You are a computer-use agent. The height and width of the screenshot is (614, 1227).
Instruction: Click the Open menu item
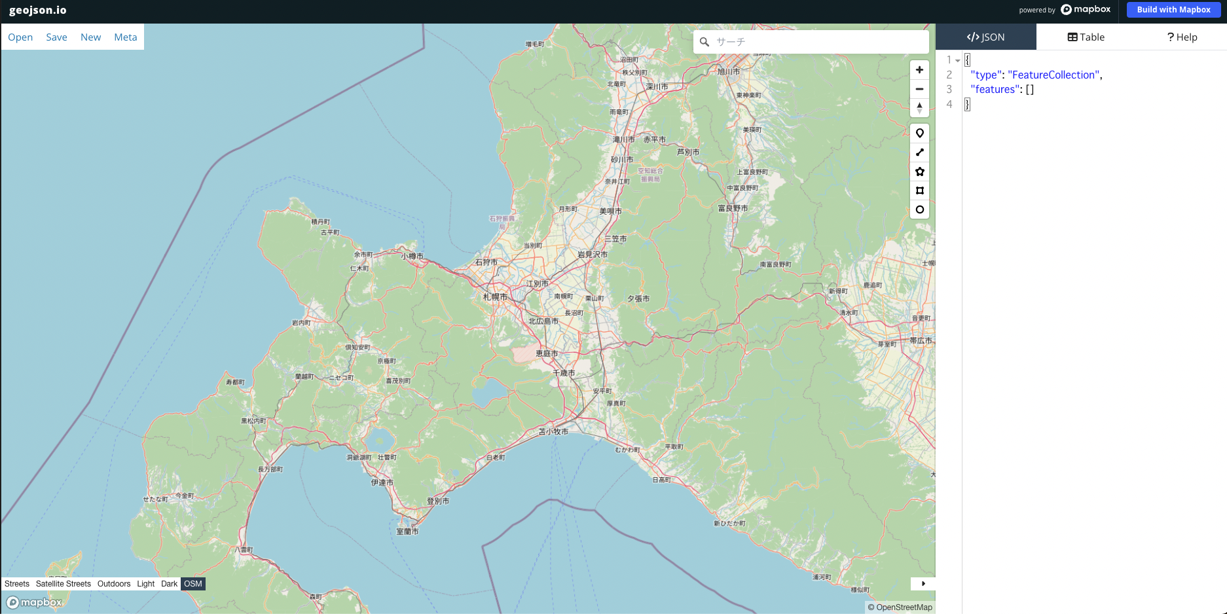coord(20,37)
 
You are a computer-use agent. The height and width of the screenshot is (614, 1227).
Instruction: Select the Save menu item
coord(56,37)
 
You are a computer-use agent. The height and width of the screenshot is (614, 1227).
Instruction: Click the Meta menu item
coord(125,37)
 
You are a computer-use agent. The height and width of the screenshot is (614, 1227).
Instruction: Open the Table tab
coord(1086,37)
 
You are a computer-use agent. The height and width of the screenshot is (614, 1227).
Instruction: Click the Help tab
coord(1182,37)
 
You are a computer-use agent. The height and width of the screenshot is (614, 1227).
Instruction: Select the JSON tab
coord(985,37)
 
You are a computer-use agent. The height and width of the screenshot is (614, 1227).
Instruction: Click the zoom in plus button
coord(919,70)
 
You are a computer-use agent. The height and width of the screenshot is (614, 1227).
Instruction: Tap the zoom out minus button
coord(919,89)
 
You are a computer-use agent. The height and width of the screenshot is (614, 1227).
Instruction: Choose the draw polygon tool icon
coord(919,172)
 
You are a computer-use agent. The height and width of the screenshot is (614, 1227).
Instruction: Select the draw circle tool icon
coord(919,209)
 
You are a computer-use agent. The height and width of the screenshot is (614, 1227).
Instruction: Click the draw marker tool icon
coord(919,134)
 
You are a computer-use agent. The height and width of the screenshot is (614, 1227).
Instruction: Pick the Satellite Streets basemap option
coord(64,584)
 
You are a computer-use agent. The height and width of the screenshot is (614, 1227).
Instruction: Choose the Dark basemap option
coord(169,584)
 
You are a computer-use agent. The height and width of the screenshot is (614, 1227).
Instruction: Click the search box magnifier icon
coord(705,42)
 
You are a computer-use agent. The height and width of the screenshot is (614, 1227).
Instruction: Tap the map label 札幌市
coord(495,297)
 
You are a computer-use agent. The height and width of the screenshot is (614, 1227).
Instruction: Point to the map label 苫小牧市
coord(553,432)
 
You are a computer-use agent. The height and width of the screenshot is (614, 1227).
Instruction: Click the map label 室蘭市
coord(407,532)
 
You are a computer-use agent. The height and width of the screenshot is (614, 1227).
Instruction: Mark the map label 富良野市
coord(733,208)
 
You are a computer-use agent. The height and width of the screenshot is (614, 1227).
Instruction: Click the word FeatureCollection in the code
coord(1054,75)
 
